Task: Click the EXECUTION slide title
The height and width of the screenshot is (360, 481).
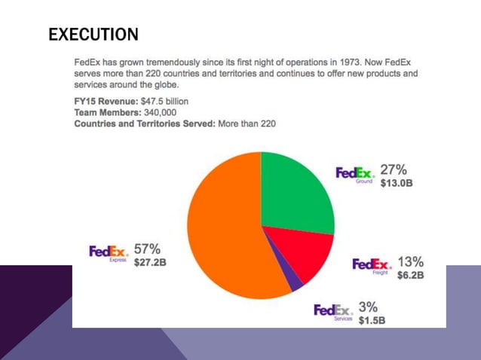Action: coord(93,35)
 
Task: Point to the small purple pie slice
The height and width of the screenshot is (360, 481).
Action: coord(296,282)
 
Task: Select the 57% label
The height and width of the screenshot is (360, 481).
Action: coord(148,249)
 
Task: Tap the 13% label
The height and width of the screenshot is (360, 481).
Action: coord(410,261)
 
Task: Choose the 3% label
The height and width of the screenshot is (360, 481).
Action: coord(368,307)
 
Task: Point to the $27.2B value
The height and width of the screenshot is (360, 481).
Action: coord(150,263)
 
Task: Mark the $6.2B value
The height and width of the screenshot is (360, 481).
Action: coord(411,275)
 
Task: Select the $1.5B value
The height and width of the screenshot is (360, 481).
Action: coord(372,320)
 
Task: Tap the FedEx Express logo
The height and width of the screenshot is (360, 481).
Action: coord(109,253)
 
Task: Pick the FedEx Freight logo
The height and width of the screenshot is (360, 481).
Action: coord(372,266)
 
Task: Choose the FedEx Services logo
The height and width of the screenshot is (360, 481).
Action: coord(333,311)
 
